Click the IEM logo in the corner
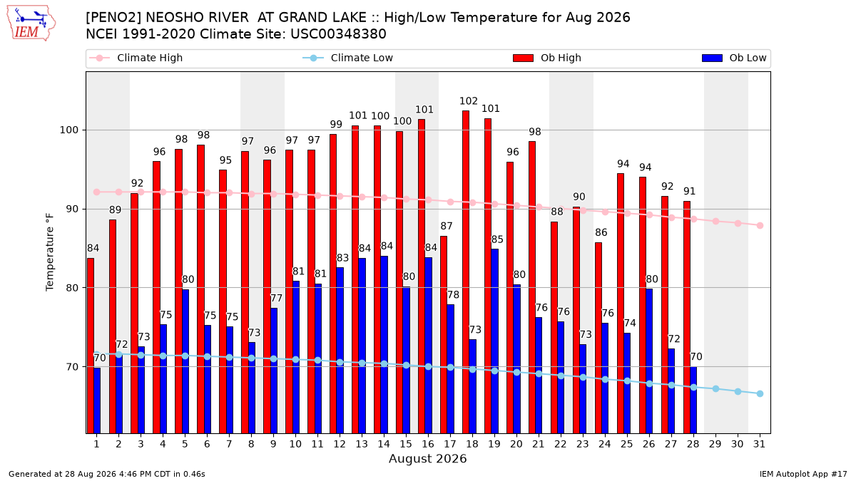(31, 24)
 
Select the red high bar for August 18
(466, 271)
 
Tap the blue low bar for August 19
(494, 341)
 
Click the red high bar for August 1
(91, 346)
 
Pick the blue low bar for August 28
(693, 400)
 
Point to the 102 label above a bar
(469, 101)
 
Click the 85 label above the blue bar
(497, 239)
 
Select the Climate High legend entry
(136, 58)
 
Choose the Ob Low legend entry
(734, 58)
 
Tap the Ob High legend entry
(547, 58)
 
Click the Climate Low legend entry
(348, 58)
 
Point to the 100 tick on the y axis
(68, 130)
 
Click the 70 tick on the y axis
(72, 367)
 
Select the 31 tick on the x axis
(759, 444)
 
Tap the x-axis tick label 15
(406, 444)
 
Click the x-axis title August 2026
(427, 458)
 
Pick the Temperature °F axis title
(50, 252)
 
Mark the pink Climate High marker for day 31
(760, 226)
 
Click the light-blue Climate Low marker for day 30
(738, 392)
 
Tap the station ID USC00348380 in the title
(338, 34)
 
